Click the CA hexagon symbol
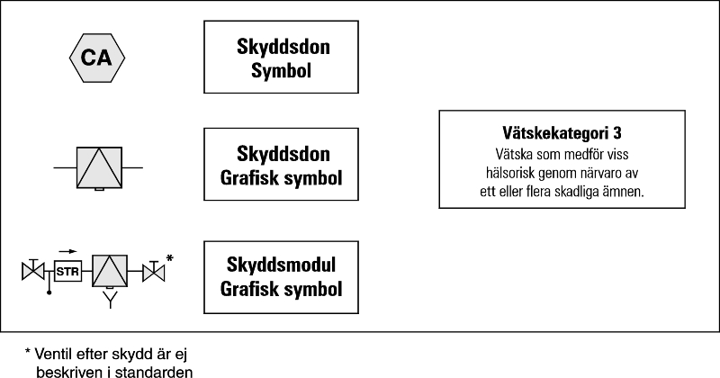97,58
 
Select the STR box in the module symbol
67,270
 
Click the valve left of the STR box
33,269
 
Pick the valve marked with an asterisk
155,269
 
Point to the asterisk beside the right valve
170,258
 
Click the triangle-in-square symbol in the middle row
96,167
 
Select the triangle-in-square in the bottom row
111,269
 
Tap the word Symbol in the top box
281,68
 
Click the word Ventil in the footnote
55,354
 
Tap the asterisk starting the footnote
28,352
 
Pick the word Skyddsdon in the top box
281,48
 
